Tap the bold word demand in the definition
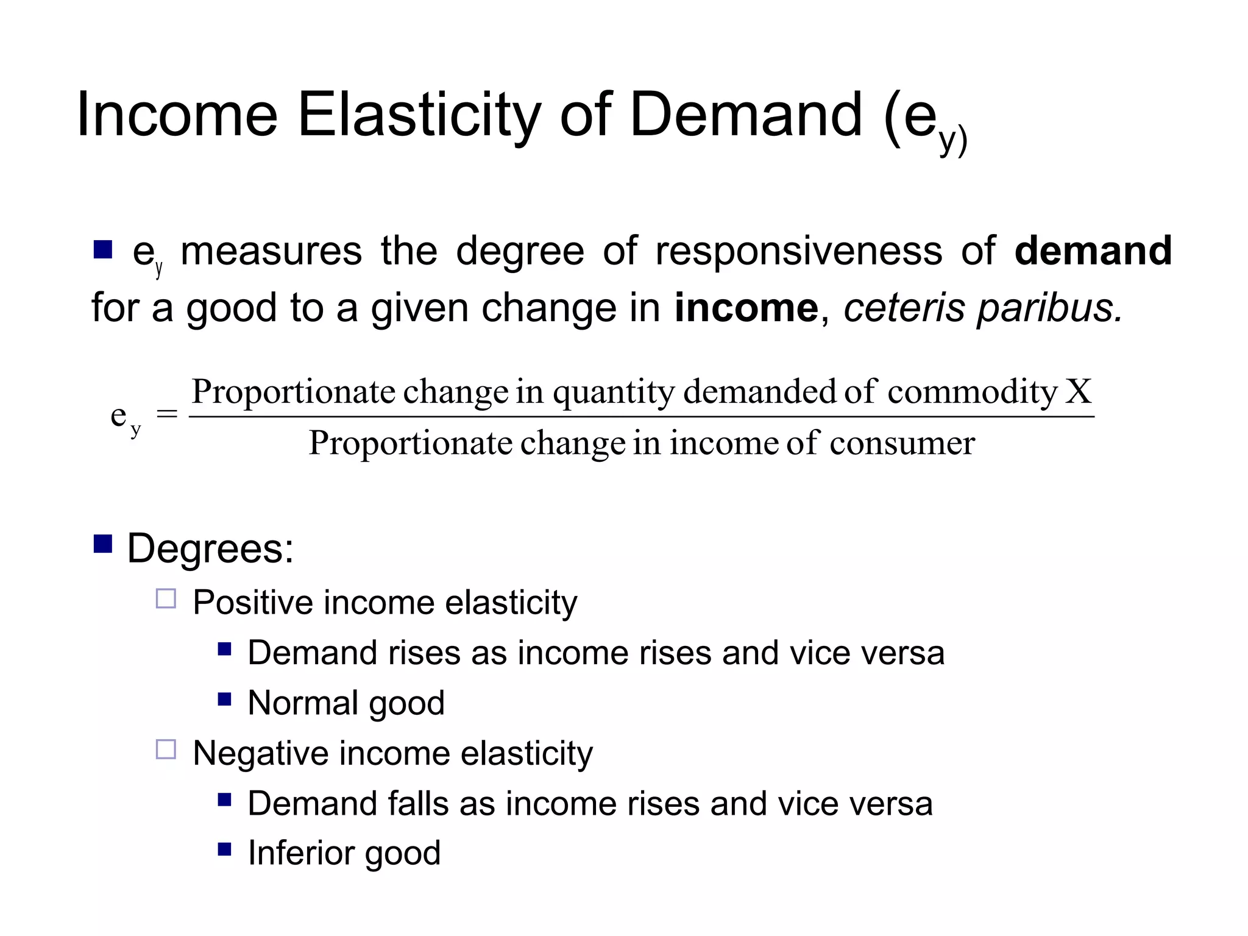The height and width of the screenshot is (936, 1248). [x=1093, y=250]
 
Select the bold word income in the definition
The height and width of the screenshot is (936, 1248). [x=746, y=308]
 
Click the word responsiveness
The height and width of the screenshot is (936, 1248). [x=798, y=252]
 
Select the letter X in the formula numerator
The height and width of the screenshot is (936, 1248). [x=1078, y=391]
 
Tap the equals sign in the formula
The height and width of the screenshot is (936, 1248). [x=167, y=415]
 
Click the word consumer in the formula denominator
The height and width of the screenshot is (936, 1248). [x=902, y=444]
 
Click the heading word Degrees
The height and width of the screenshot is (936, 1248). [x=210, y=548]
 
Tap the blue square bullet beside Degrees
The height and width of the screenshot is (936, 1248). [x=103, y=544]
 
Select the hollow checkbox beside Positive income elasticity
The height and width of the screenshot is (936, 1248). [x=166, y=598]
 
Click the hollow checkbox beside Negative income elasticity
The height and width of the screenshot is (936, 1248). [x=166, y=749]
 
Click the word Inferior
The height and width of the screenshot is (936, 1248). [x=297, y=853]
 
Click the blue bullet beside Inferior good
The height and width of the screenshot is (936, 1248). [x=224, y=849]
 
